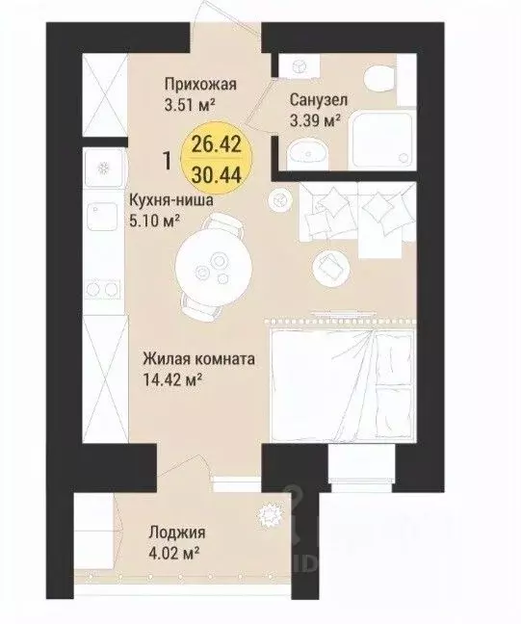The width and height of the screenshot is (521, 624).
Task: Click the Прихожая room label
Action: [200, 86]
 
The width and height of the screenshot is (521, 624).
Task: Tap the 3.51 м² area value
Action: [190, 105]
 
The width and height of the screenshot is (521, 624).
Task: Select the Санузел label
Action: [319, 100]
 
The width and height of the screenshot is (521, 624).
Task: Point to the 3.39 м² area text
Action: [315, 119]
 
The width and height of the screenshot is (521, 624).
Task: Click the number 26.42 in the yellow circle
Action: [217, 144]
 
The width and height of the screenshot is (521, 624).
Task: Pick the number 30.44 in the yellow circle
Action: [217, 174]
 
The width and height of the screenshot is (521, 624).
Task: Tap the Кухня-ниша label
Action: [170, 200]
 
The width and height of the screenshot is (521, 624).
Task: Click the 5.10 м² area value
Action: [153, 220]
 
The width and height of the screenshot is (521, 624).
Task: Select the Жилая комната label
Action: [198, 359]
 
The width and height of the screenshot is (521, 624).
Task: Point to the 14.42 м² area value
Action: [171, 380]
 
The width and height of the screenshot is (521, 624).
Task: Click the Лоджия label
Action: [177, 533]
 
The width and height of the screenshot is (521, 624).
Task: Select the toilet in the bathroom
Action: [379, 77]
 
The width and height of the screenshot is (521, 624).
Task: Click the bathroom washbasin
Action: [307, 153]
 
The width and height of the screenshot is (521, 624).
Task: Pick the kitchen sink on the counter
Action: [102, 216]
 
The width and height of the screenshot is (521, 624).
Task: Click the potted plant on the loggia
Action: [271, 514]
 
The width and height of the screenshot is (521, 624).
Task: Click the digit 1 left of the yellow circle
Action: [168, 161]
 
